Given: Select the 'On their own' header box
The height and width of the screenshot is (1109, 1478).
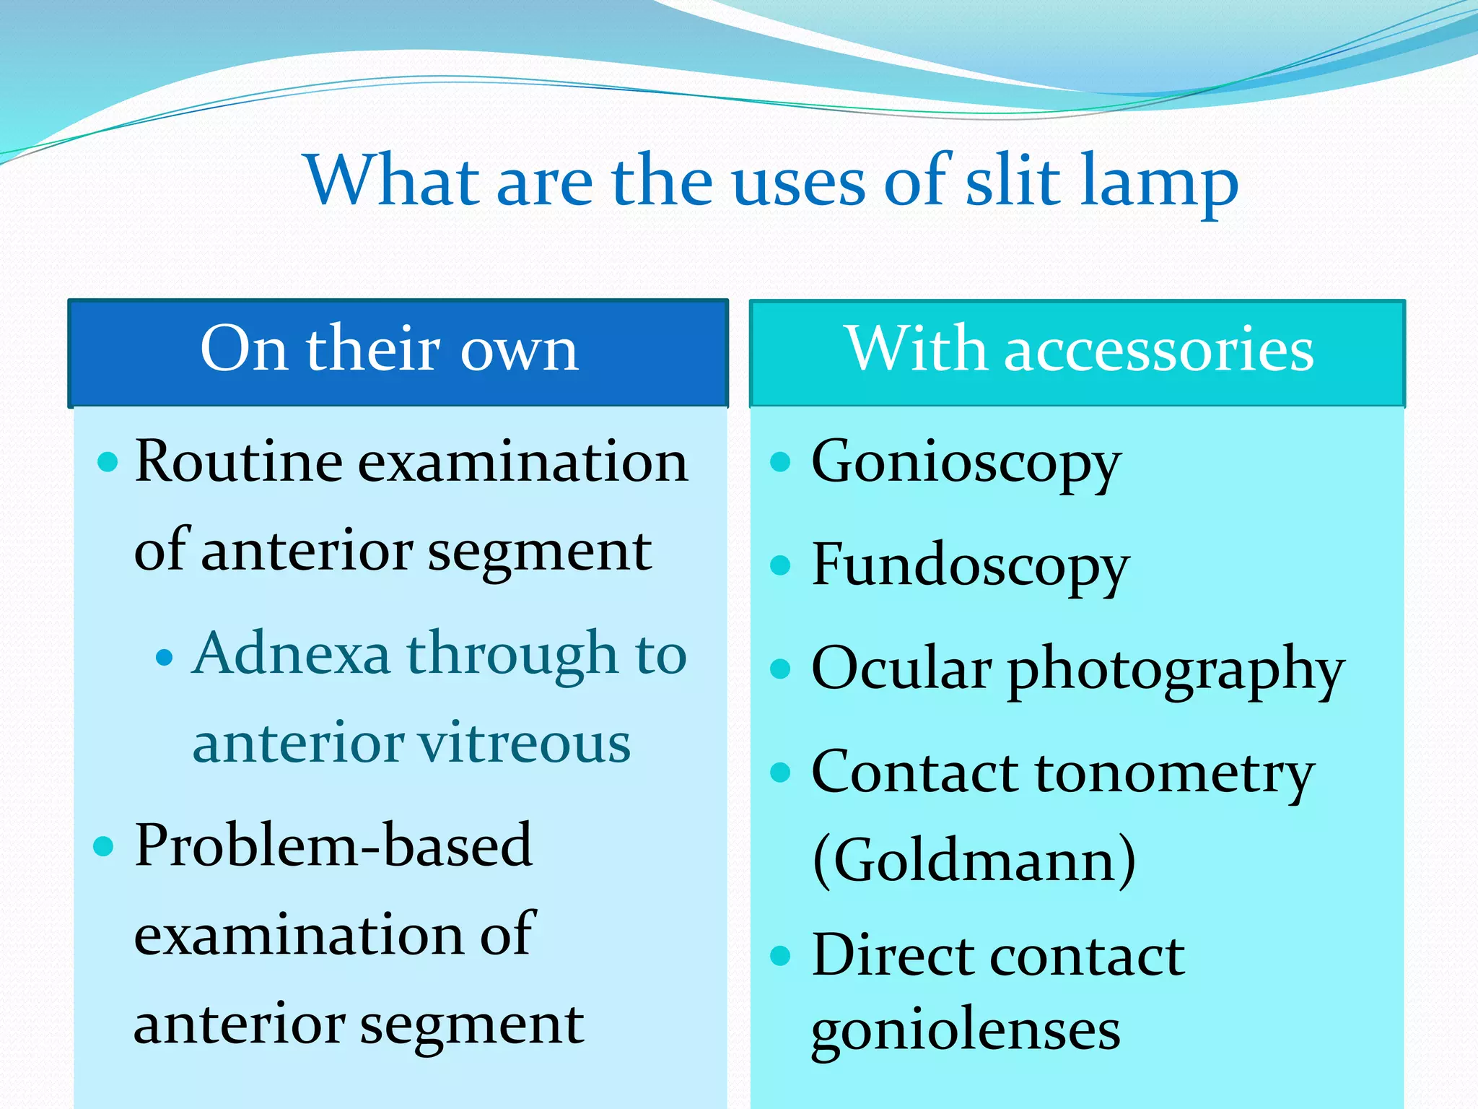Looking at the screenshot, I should pos(398,353).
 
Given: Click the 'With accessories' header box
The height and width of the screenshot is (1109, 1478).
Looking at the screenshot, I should pos(1077,353).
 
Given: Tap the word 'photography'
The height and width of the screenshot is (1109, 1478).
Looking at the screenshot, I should pos(1176,671).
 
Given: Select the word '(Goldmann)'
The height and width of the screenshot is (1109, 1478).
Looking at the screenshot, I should pos(974,861).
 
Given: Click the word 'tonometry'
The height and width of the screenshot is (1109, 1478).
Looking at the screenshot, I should pos(1176,775).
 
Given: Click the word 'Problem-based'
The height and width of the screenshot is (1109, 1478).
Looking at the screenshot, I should pos(333,846).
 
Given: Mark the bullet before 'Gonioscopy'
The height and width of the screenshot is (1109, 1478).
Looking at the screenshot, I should pos(780,462).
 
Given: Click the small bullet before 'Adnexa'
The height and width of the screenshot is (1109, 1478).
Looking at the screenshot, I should pos(165,657).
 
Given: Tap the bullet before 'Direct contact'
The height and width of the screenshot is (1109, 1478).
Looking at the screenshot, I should pos(780,956).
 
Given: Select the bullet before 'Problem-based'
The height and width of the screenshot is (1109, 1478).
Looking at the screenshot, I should pos(105,846).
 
